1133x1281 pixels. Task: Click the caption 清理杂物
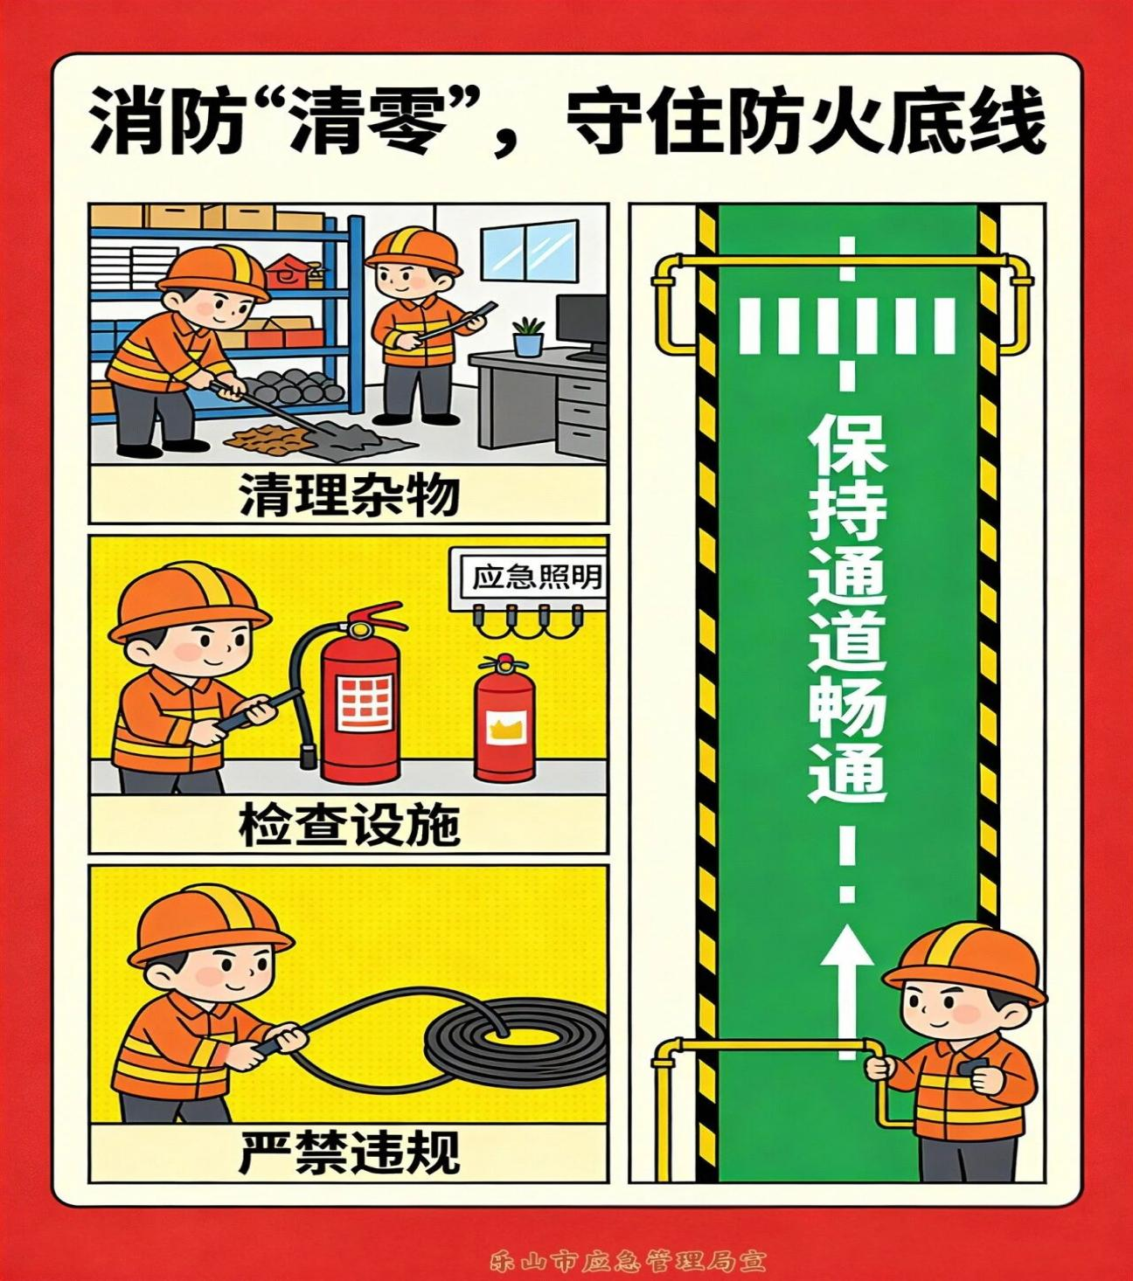(x=349, y=495)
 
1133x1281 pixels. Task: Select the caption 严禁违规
(x=349, y=1153)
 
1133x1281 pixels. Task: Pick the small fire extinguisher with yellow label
(x=504, y=720)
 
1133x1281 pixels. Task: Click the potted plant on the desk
(x=528, y=337)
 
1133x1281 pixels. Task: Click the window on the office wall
(x=528, y=249)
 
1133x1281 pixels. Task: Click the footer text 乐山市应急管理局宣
(x=628, y=1261)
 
